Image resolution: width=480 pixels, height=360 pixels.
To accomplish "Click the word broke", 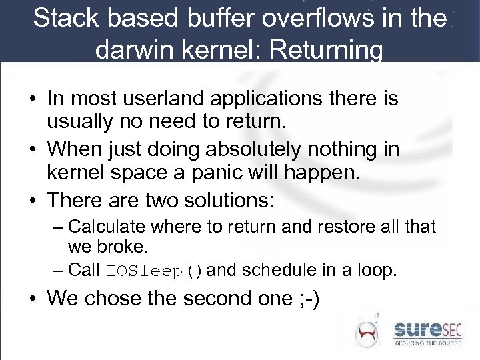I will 123,247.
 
